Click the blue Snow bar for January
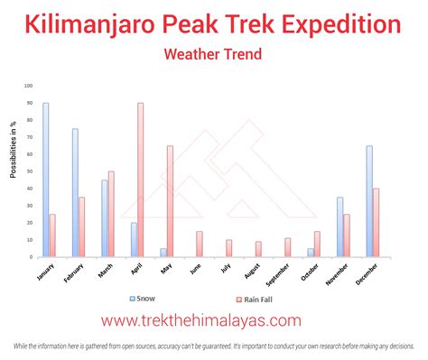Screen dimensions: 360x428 (x=45, y=180)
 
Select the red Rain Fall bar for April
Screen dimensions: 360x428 (x=140, y=180)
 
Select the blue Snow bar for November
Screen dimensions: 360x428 (x=340, y=226)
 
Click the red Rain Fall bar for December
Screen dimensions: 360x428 (x=376, y=222)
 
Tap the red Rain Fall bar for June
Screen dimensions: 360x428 (x=199, y=244)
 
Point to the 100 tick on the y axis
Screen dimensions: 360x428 (x=28, y=86)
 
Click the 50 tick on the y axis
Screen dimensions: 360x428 (x=29, y=171)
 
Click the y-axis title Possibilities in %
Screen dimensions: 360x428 (x=14, y=143)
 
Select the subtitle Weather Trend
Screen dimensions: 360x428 (x=213, y=54)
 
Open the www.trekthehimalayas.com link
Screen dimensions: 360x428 (x=213, y=320)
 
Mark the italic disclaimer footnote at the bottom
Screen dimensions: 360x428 (x=214, y=347)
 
